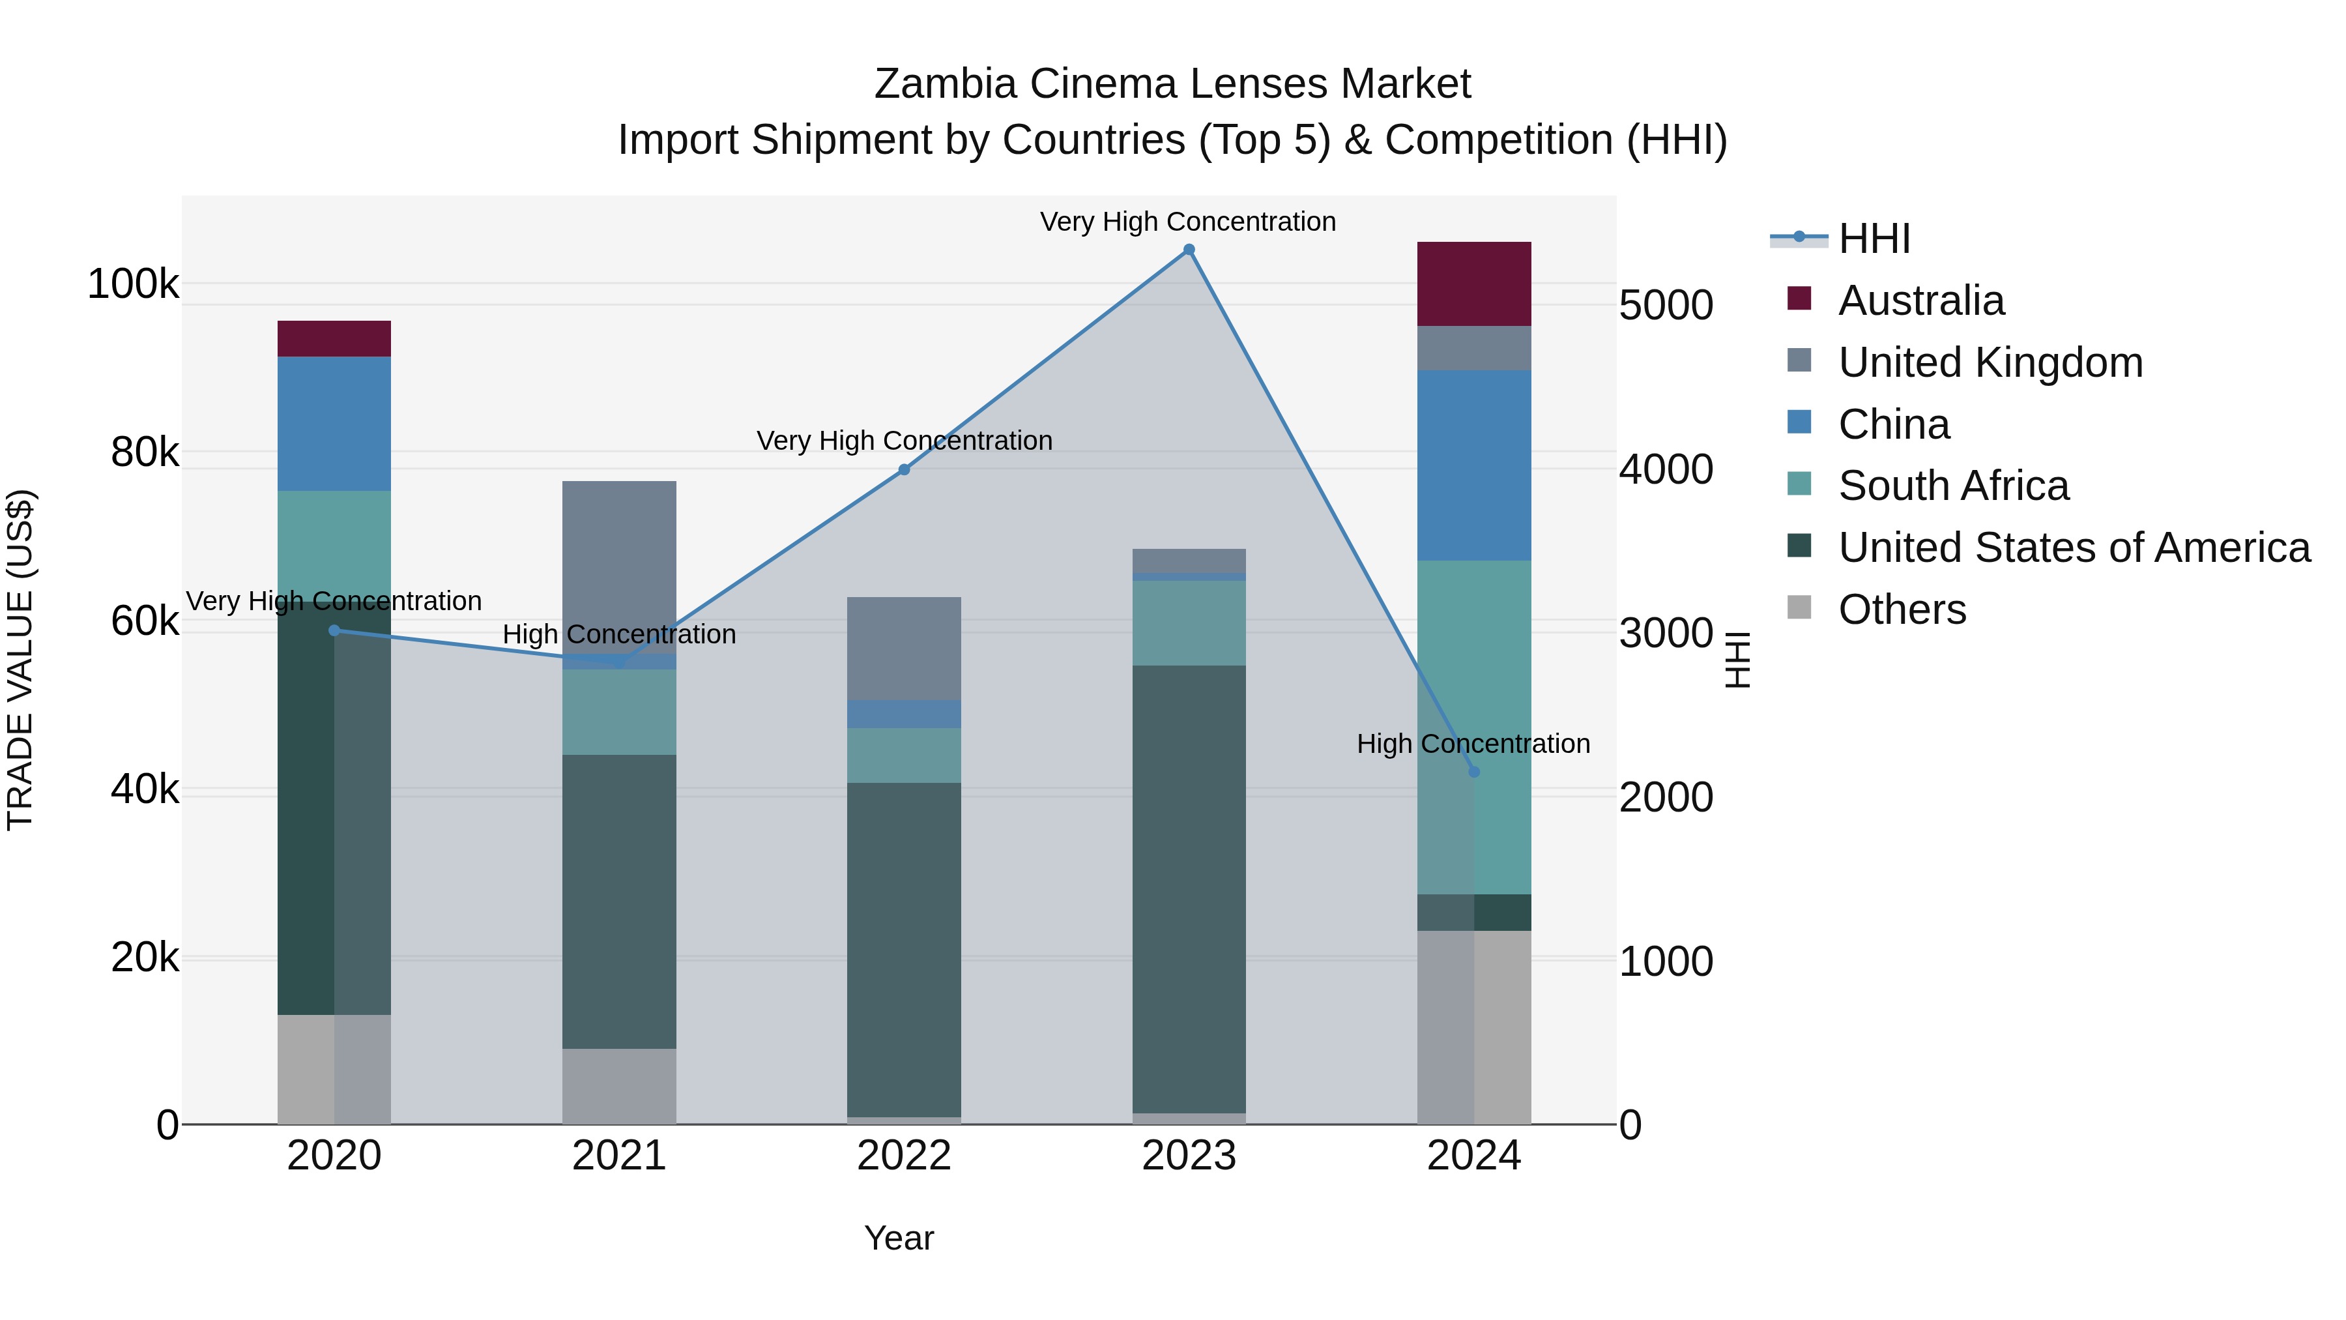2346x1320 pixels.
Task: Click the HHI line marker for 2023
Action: tap(1189, 250)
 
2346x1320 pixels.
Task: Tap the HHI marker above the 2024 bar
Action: tap(1475, 772)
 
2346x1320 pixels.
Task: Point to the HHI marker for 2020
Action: tap(334, 630)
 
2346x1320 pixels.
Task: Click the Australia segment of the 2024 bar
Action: tap(1475, 284)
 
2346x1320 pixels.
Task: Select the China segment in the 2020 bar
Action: tap(334, 424)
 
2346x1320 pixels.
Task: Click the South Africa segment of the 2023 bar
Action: tap(1189, 623)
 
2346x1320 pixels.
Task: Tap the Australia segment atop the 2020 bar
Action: tap(334, 339)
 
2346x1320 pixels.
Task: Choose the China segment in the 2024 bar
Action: tap(1475, 465)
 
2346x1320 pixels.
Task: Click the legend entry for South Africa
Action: tap(1954, 486)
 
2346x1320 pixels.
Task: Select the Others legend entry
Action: tap(1902, 609)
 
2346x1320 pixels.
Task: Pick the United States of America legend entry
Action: tap(2074, 548)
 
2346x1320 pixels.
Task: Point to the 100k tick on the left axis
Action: tap(133, 284)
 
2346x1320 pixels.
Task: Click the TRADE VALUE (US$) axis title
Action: tap(20, 660)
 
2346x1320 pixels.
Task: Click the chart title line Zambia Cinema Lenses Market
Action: tap(1172, 84)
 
